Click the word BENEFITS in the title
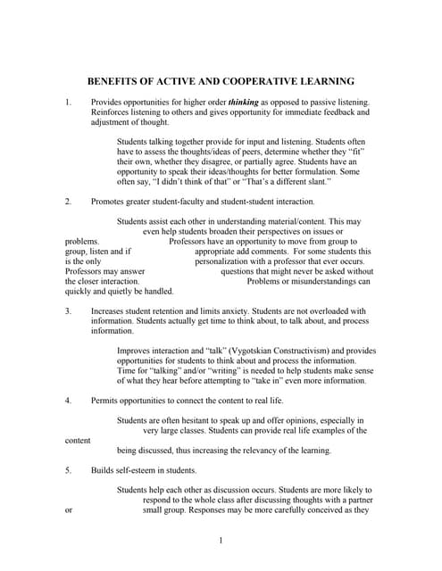pos(117,80)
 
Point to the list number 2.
pos(68,203)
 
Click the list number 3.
pos(68,311)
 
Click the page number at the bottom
pos(221,541)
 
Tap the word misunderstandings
pos(320,281)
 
